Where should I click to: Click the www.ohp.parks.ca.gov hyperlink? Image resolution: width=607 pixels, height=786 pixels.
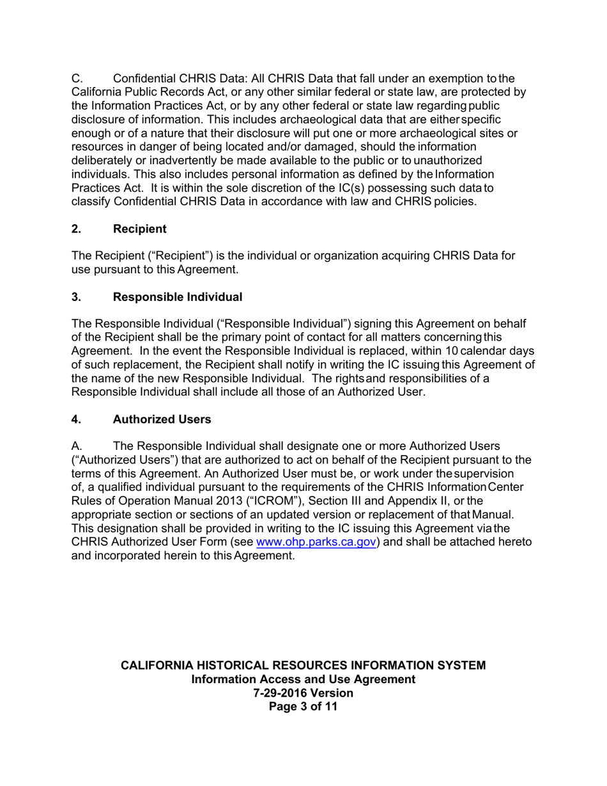316,542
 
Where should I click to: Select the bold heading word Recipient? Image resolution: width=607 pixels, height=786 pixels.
139,229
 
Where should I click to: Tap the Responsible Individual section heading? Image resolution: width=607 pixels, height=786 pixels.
177,297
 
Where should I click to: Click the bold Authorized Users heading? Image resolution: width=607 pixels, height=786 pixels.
162,419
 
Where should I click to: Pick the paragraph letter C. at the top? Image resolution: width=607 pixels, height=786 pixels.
77,79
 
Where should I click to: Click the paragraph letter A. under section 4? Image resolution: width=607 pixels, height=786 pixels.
77,446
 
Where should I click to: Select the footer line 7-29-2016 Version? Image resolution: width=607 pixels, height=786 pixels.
303,693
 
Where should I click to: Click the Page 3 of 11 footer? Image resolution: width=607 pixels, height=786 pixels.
303,707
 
